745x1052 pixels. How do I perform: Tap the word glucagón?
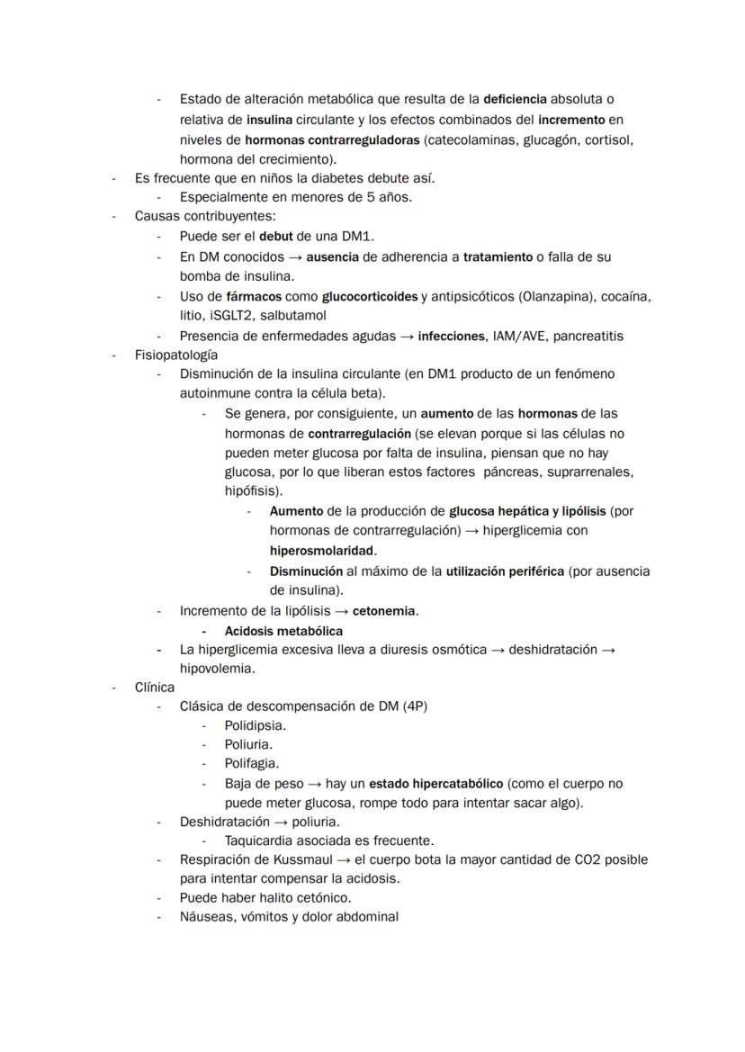(547, 139)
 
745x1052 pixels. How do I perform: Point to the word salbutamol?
(293, 316)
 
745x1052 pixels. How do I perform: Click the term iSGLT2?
(231, 316)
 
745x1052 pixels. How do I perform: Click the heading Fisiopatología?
(176, 355)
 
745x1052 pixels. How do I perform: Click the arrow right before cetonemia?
(342, 611)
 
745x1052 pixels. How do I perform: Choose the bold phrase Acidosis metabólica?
(283, 631)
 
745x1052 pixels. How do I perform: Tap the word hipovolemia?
(216, 669)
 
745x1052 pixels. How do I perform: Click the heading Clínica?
(155, 688)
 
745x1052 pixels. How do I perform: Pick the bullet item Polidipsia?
(256, 725)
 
